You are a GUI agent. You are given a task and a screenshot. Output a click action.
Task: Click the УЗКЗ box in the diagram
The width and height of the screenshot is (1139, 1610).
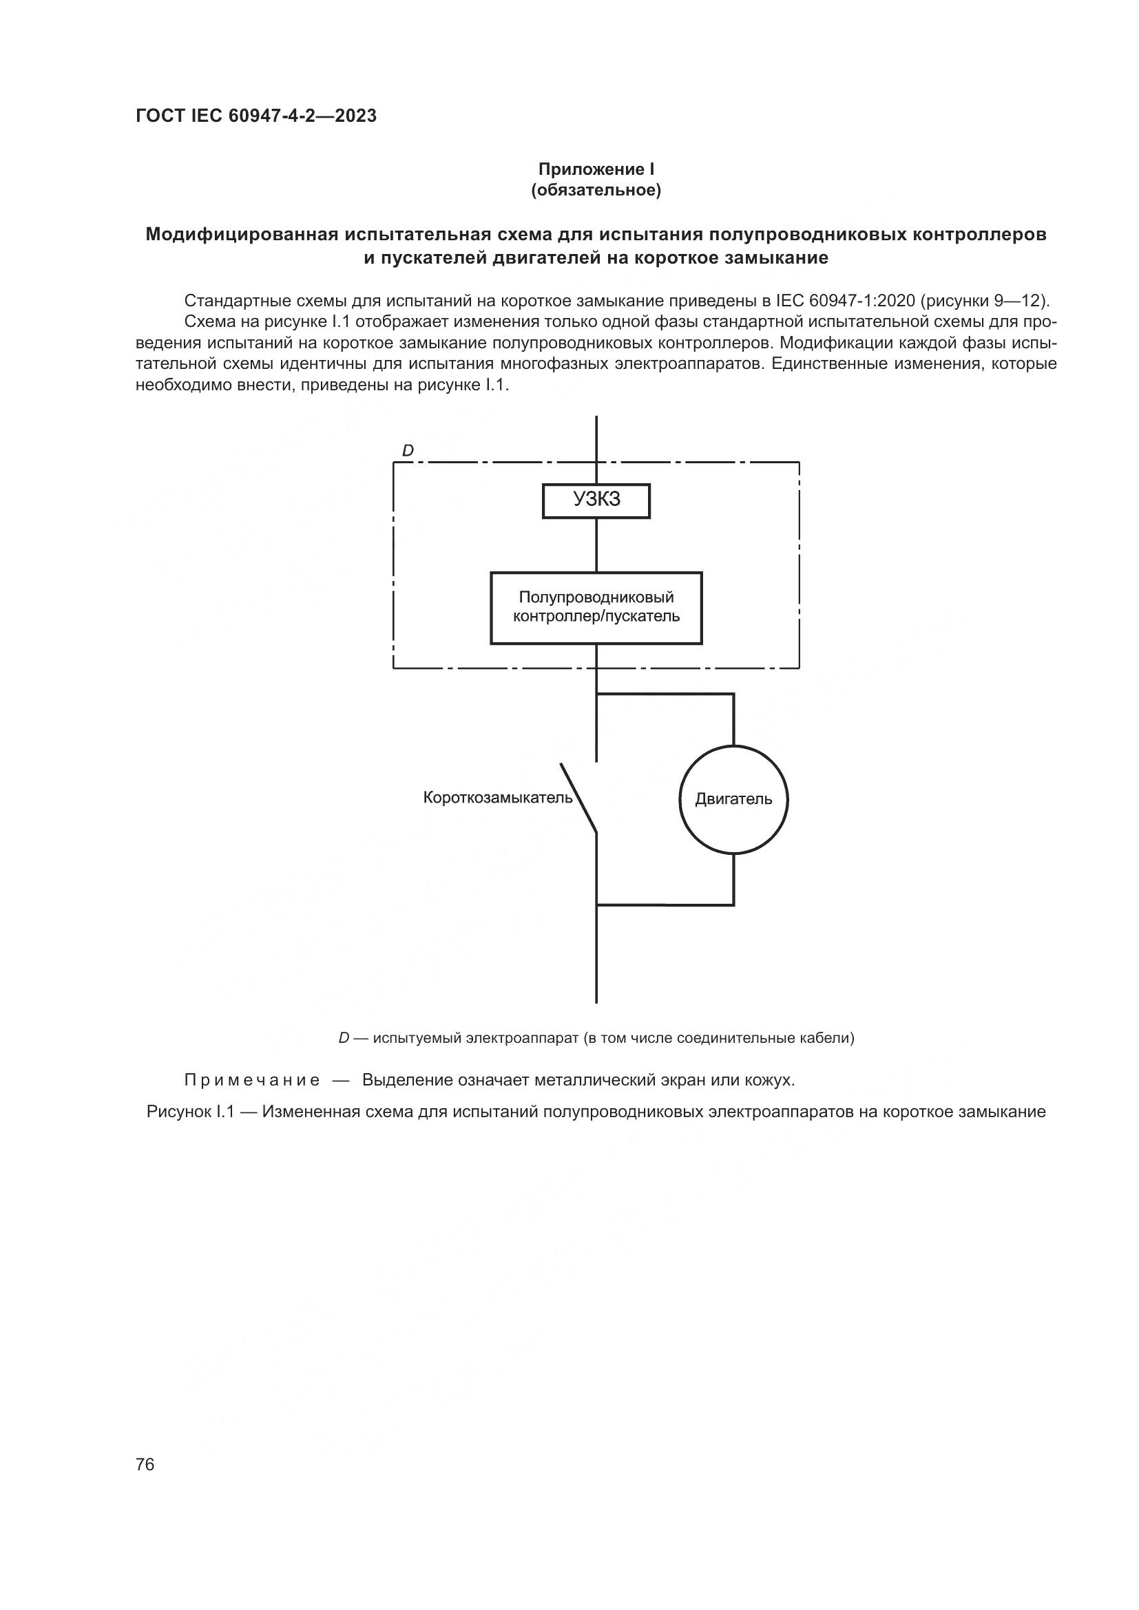point(596,500)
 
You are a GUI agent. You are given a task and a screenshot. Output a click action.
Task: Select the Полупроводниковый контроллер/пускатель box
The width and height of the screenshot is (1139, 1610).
point(596,607)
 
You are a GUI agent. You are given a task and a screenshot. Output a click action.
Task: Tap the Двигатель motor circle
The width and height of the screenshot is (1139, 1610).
point(733,799)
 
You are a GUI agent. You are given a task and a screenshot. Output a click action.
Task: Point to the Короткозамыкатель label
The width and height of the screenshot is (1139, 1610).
point(497,798)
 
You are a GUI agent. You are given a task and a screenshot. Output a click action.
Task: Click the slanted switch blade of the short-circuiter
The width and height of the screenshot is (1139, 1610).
point(578,798)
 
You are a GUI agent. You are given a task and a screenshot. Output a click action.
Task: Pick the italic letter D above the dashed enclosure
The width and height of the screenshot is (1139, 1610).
point(408,451)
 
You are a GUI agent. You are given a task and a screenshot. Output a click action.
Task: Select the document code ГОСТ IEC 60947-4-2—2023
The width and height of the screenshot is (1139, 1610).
point(256,116)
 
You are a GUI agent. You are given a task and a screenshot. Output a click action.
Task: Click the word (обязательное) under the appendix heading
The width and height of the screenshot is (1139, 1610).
point(596,191)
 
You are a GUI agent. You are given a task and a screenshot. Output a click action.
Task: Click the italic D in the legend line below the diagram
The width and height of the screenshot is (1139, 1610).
point(344,1038)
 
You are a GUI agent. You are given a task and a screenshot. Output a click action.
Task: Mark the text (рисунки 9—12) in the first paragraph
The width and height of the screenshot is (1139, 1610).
point(985,301)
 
